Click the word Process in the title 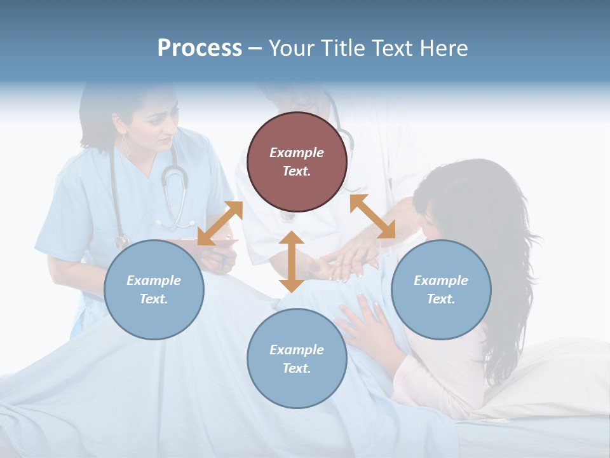click(200, 48)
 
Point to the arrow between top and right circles click(372, 216)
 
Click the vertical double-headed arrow click(292, 261)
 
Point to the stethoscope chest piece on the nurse click(121, 242)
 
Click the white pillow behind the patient click(559, 375)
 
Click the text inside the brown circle click(297, 162)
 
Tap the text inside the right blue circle click(441, 289)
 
